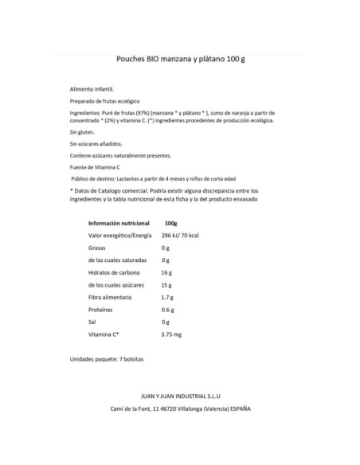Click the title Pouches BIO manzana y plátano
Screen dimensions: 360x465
pyautogui.click(x=178, y=60)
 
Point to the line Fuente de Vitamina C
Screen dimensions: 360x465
pyautogui.click(x=95, y=167)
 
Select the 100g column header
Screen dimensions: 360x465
pyautogui.click(x=170, y=224)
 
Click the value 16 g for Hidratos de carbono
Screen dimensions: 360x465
pyautogui.click(x=166, y=272)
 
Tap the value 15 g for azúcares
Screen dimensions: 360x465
pyautogui.click(x=166, y=284)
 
